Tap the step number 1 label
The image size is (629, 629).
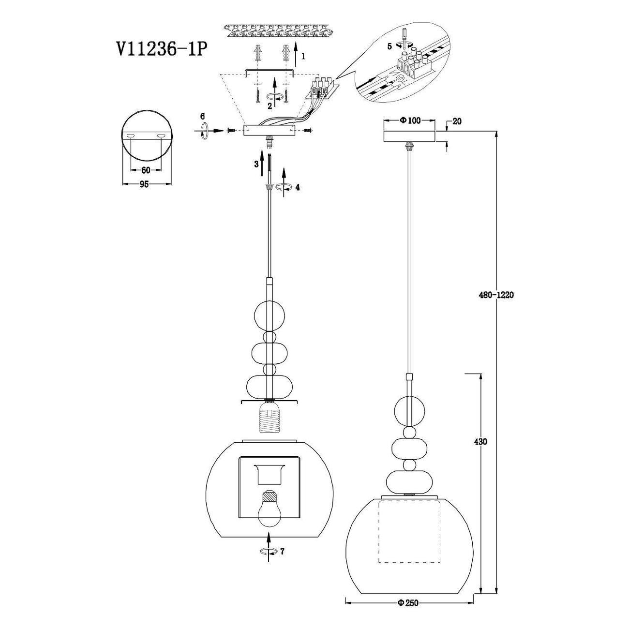[303, 56]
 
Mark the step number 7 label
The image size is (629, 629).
[282, 551]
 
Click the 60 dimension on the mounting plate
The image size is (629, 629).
[145, 170]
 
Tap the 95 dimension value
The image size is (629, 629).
[144, 184]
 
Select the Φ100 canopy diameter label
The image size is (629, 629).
[410, 120]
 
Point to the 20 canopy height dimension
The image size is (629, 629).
[456, 121]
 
